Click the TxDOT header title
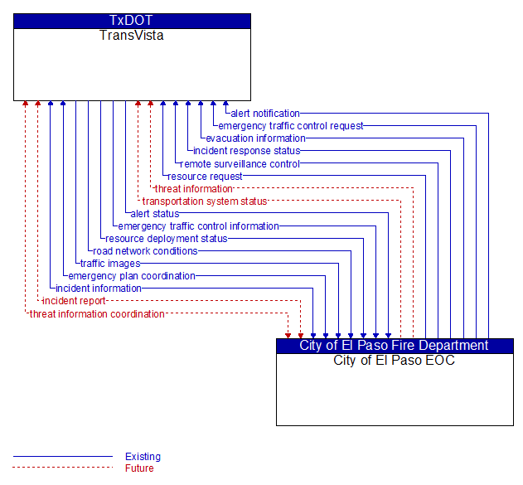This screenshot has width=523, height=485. [131, 21]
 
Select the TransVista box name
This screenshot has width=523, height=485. [132, 36]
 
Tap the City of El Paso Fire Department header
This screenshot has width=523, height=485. [394, 345]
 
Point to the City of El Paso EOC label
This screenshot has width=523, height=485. [394, 361]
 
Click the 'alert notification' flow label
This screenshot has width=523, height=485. [265, 114]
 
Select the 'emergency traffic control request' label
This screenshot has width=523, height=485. [291, 126]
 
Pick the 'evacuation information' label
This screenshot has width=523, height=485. [255, 138]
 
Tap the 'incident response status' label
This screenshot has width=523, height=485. [247, 151]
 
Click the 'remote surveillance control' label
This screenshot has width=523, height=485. [240, 164]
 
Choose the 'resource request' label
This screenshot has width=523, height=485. [205, 176]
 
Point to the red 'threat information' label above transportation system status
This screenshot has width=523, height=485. [194, 189]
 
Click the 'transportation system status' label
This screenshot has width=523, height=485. [205, 201]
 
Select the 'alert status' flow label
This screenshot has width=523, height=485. [155, 213]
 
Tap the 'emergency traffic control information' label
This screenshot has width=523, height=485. [198, 226]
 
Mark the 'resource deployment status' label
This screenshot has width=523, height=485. [167, 239]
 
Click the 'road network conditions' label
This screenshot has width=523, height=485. [145, 251]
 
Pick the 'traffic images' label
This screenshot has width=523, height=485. [110, 264]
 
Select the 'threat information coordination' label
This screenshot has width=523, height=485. [97, 314]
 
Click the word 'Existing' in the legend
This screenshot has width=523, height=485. [143, 456]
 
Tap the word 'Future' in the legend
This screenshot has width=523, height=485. [139, 468]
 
